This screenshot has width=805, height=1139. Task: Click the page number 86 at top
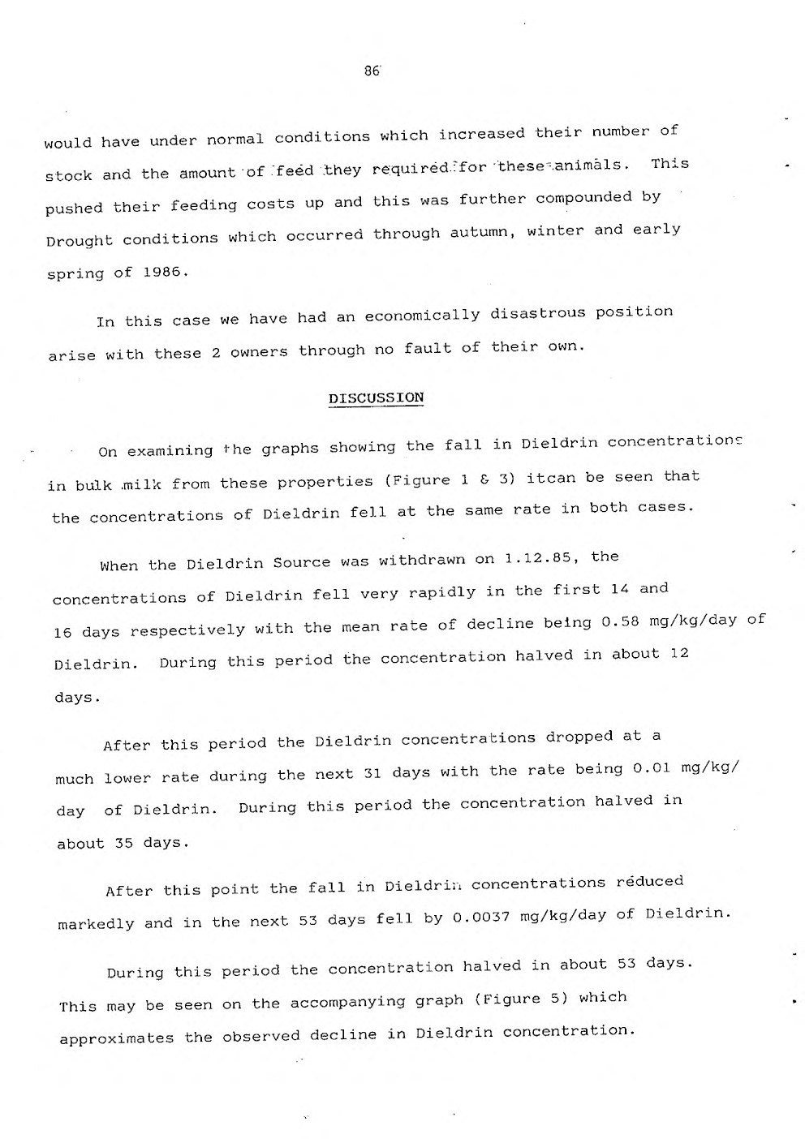(x=372, y=71)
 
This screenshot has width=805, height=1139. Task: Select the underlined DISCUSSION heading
(x=376, y=398)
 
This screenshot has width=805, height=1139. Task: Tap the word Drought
(x=80, y=241)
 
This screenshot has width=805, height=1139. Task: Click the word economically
(x=422, y=316)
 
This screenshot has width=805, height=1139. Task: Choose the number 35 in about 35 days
(x=123, y=844)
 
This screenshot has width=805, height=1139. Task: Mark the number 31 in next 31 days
(x=372, y=772)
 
